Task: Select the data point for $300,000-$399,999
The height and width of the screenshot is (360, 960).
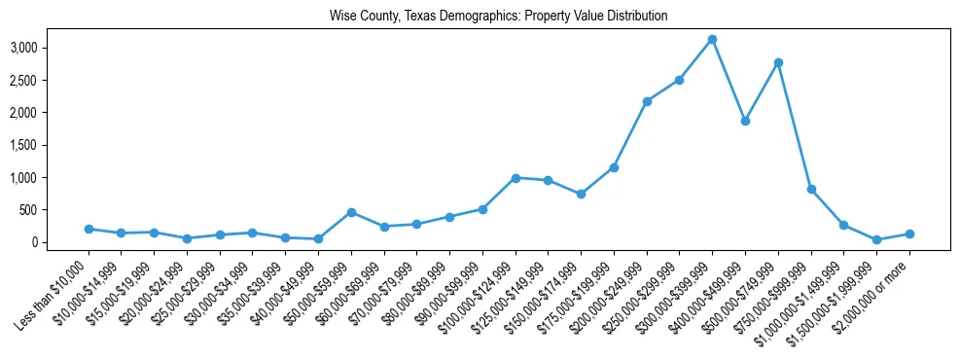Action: coord(712,39)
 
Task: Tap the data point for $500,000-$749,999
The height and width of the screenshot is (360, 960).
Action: coord(778,62)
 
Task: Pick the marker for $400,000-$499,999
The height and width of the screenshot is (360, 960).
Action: coord(745,121)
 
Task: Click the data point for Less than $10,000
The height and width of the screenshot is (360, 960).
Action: coord(89,229)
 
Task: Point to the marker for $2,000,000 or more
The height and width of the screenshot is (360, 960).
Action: coord(909,234)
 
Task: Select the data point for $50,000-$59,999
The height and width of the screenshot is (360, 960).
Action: coord(351,212)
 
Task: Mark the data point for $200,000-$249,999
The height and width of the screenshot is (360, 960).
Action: coord(647,101)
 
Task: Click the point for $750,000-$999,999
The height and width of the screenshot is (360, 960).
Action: coord(811,189)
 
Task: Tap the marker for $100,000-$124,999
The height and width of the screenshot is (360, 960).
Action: coord(516,178)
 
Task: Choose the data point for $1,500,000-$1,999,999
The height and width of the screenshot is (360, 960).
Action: coord(876,239)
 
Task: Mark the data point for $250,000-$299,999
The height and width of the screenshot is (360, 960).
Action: coord(680,80)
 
